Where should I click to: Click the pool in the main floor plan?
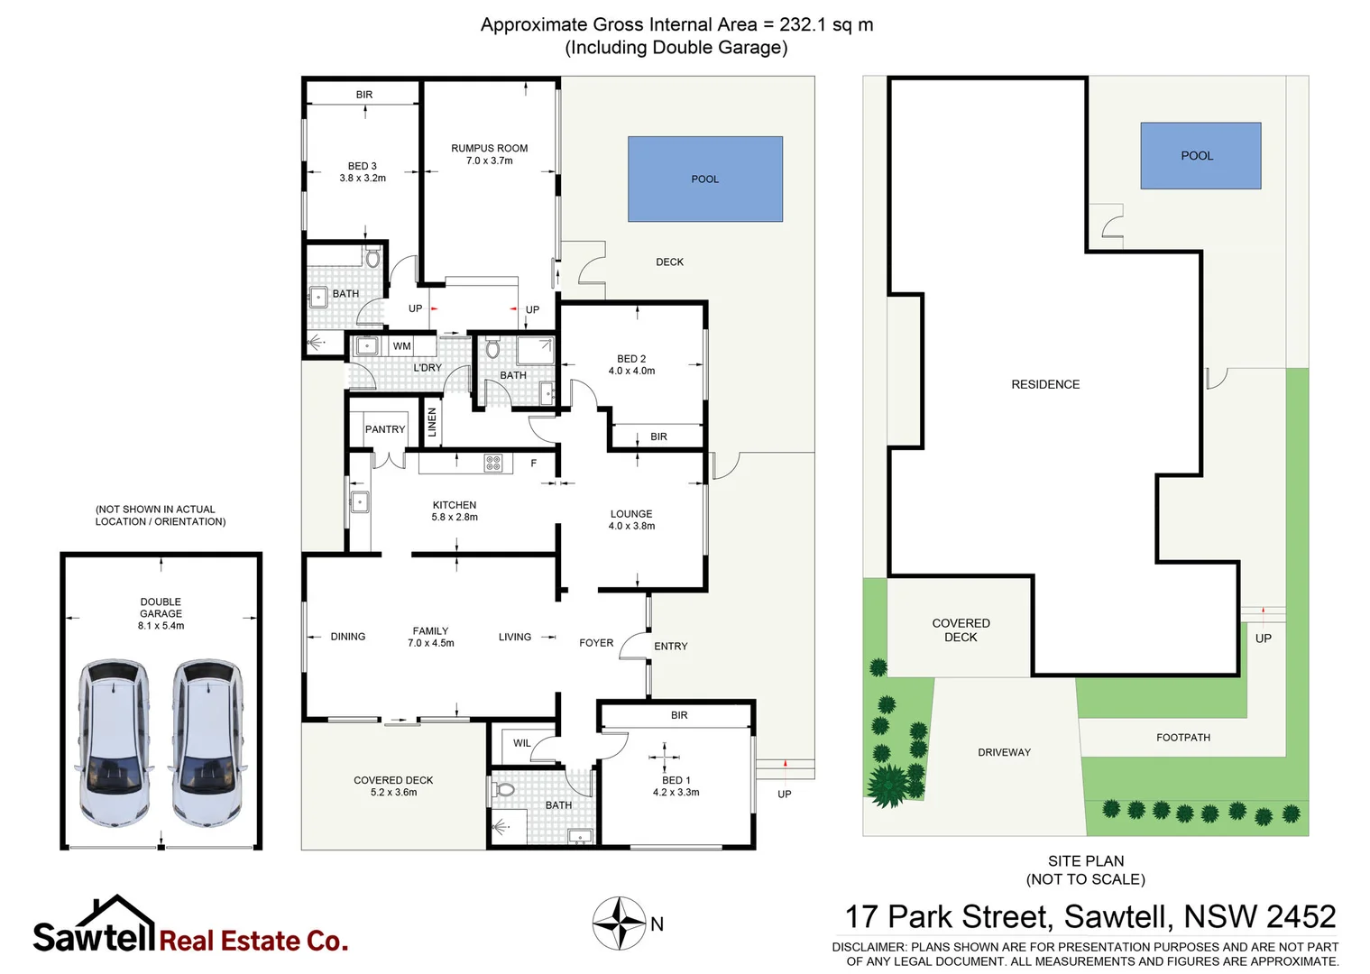[x=704, y=179]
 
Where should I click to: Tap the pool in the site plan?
[x=1200, y=155]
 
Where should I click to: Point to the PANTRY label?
[x=385, y=429]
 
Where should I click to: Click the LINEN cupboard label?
[x=432, y=422]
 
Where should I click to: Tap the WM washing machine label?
[x=401, y=346]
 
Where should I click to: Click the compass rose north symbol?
[x=619, y=923]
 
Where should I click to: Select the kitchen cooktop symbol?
[x=492, y=464]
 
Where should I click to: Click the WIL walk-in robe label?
[x=521, y=743]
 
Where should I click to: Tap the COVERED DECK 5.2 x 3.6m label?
[x=393, y=786]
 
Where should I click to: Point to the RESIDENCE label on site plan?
[x=1045, y=384]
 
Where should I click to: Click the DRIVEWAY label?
[x=1004, y=752]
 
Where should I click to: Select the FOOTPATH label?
[x=1183, y=738]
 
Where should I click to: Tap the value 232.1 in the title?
[x=803, y=24]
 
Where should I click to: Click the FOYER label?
[x=596, y=643]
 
